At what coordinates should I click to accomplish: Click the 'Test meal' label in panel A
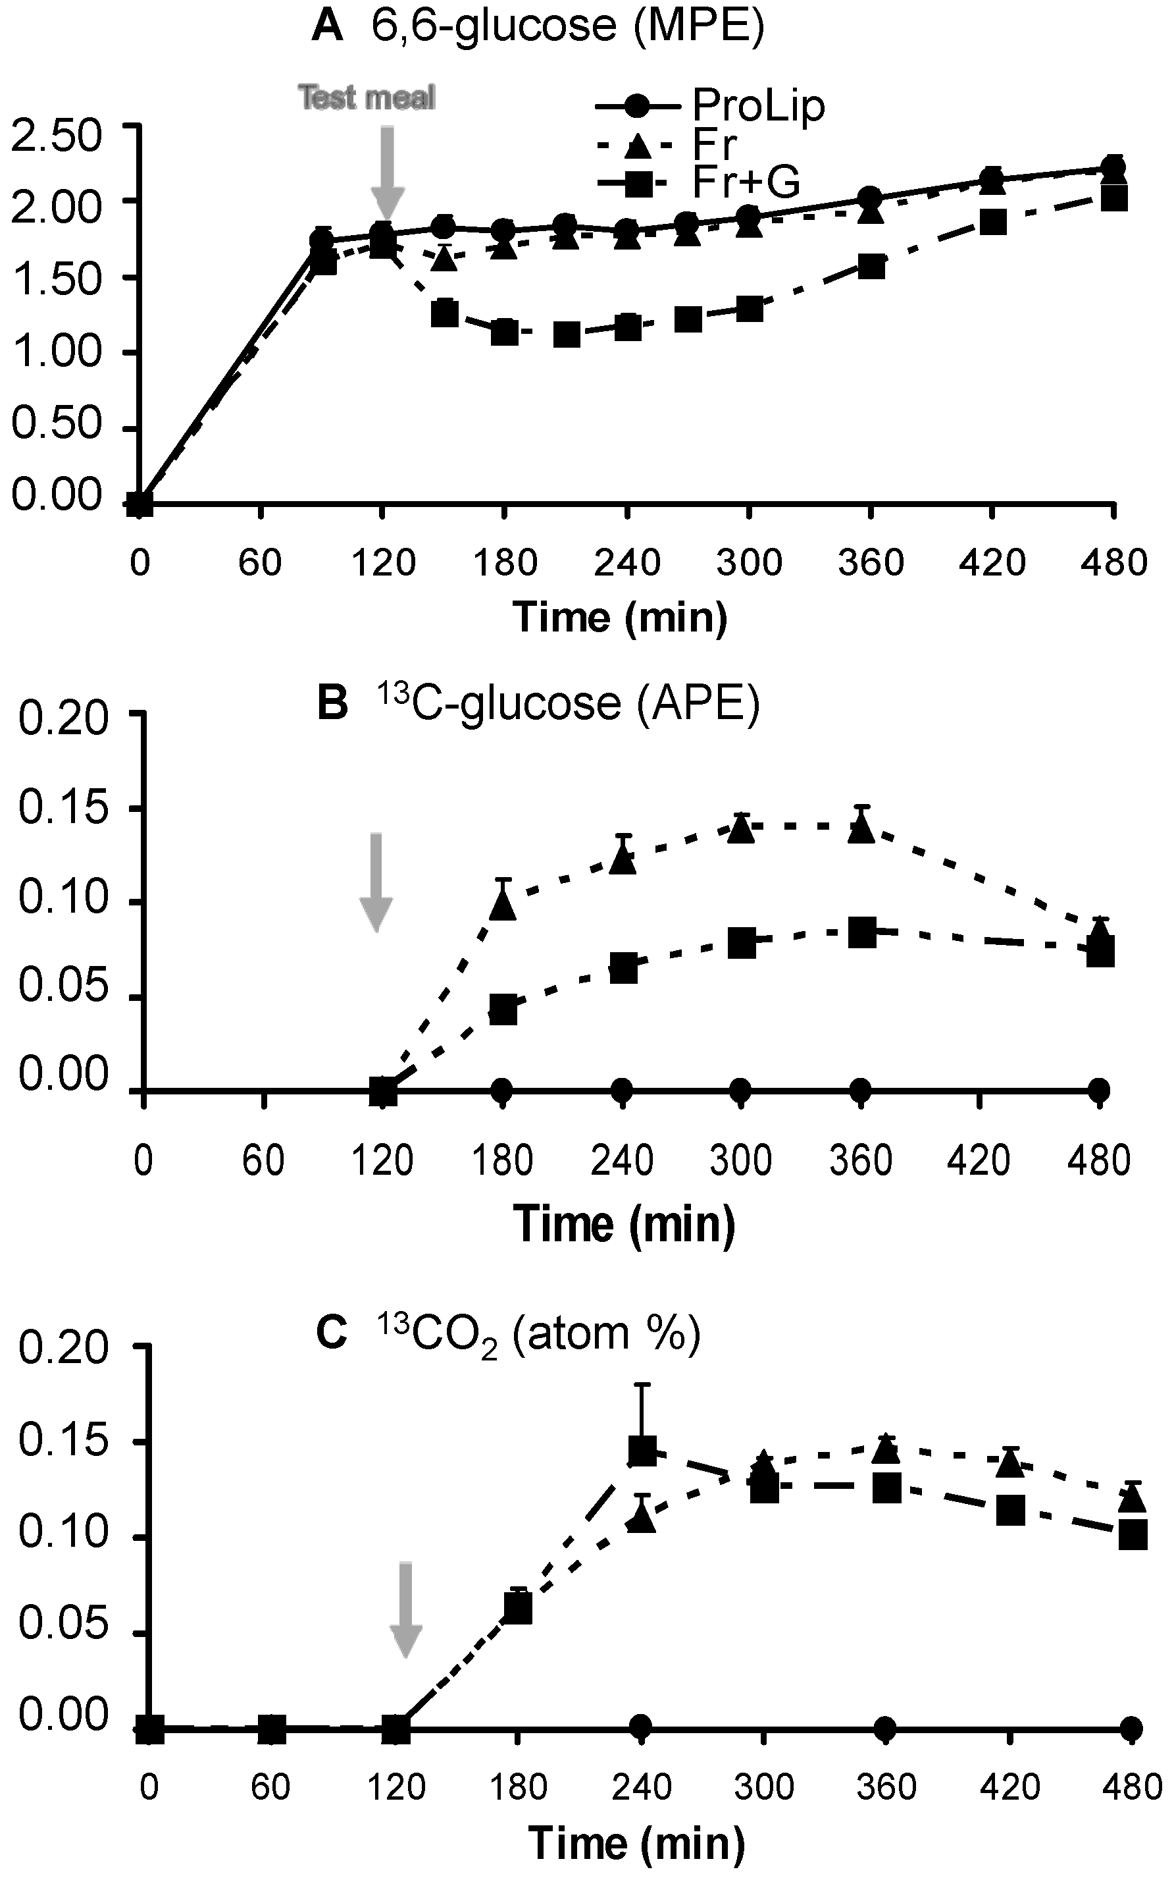[367, 98]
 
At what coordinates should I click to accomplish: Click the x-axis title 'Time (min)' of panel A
[620, 618]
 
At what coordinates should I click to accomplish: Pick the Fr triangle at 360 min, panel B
[860, 829]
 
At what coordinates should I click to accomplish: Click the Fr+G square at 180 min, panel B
[503, 1010]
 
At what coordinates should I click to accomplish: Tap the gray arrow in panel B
[376, 882]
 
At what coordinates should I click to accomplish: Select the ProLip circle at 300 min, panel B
[742, 1090]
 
